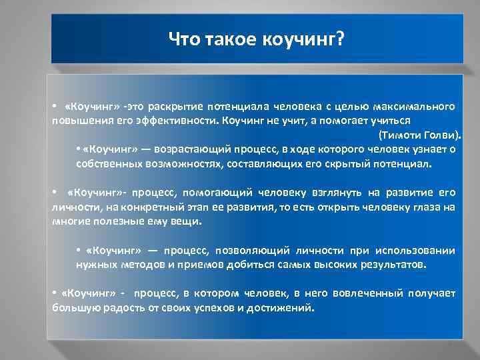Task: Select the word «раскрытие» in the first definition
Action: click(175, 107)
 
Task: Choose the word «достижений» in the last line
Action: click(286, 308)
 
